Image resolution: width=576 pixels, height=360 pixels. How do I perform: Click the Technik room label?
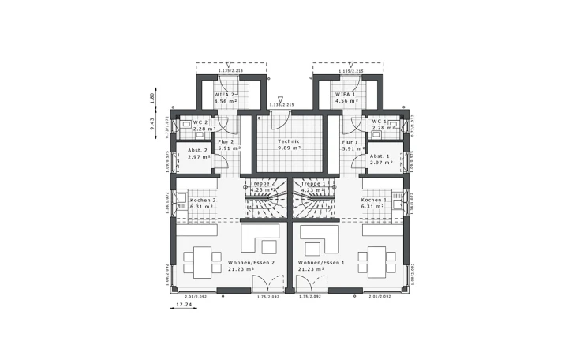click(x=287, y=141)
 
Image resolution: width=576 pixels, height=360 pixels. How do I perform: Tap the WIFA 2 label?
click(x=226, y=94)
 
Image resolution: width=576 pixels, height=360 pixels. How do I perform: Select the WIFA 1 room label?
click(x=347, y=94)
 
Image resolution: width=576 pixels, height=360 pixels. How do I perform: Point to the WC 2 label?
click(x=200, y=122)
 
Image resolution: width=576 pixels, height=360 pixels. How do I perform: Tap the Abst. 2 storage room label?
click(x=197, y=150)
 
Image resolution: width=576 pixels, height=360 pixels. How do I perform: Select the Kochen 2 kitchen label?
click(x=204, y=201)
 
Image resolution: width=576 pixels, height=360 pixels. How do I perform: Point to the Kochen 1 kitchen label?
click(x=374, y=201)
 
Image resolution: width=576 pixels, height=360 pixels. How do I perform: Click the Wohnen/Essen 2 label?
click(x=251, y=262)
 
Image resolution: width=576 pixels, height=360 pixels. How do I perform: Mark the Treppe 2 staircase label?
click(x=262, y=183)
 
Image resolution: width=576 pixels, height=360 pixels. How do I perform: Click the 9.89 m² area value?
click(x=287, y=148)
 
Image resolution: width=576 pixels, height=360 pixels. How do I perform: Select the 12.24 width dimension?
click(x=184, y=303)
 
